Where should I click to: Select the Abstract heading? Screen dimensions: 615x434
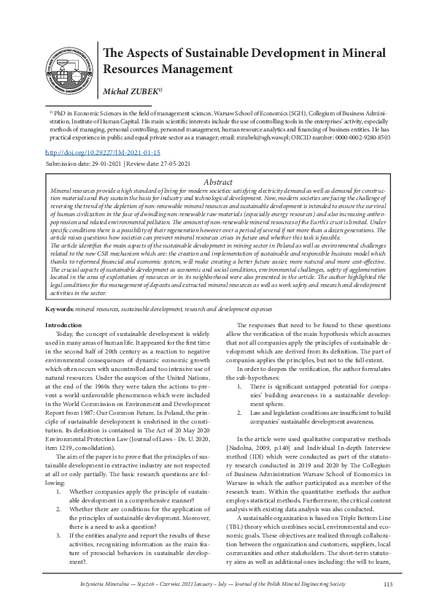click(217, 181)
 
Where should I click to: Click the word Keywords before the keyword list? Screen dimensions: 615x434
click(59, 310)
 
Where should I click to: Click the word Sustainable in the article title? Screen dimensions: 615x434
click(198, 53)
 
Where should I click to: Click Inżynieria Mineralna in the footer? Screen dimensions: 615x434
click(106, 584)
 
